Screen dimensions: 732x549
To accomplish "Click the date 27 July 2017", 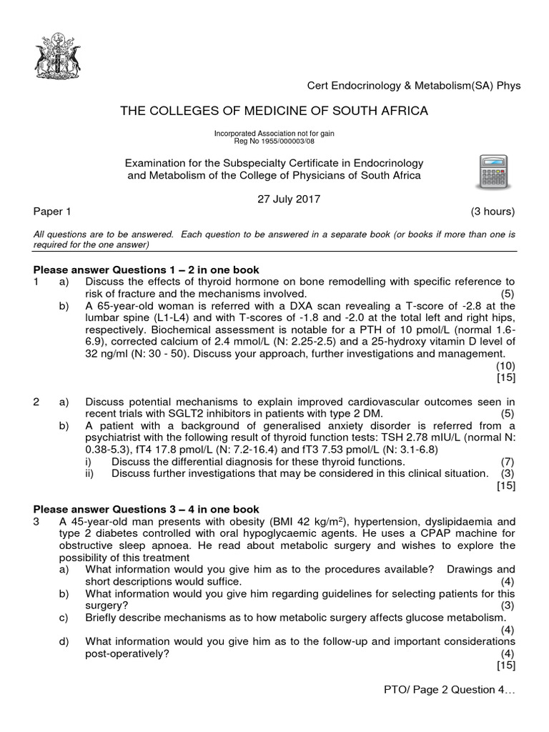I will (x=290, y=199).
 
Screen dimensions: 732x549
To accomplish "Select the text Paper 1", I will (x=51, y=212).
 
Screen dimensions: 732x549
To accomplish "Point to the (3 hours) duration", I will (x=493, y=212).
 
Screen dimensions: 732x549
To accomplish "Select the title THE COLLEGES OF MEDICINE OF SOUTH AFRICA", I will (x=275, y=111).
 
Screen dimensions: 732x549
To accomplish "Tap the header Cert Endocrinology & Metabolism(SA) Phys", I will (x=414, y=86).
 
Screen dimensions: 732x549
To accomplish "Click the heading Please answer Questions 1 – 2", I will (x=147, y=269).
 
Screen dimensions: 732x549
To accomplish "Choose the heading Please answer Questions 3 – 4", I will (x=147, y=509).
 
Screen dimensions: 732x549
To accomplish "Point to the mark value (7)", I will (x=507, y=461).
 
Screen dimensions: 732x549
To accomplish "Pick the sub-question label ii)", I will (x=89, y=473).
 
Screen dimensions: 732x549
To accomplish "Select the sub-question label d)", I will (x=64, y=641).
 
